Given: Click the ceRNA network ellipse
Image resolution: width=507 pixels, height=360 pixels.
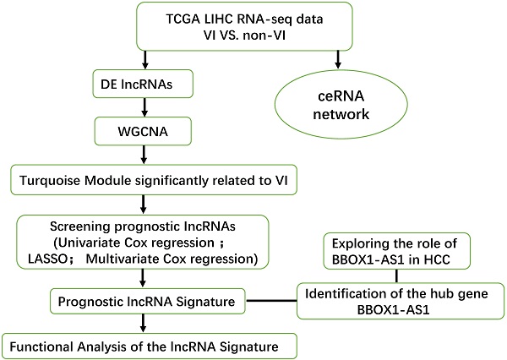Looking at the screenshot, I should click(x=338, y=110).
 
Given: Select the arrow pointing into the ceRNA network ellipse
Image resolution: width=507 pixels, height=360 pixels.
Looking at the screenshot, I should click(x=338, y=61).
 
